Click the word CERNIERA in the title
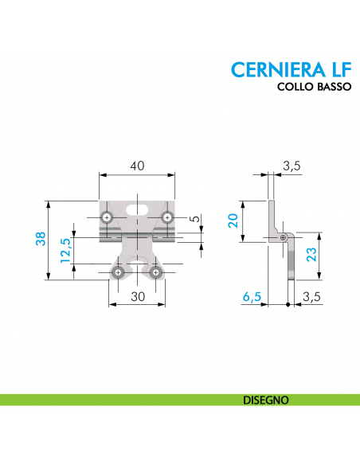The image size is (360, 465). pyautogui.click(x=272, y=69)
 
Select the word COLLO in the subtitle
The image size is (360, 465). pyautogui.click(x=295, y=88)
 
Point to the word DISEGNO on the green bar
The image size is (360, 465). pyautogui.click(x=265, y=400)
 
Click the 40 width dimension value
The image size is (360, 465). pyautogui.click(x=137, y=166)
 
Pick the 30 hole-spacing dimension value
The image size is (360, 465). pyautogui.click(x=138, y=296)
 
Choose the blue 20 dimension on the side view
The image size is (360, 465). pyautogui.click(x=233, y=220)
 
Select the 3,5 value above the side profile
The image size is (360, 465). pyautogui.click(x=292, y=166)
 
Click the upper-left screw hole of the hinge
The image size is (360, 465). pyautogui.click(x=107, y=217)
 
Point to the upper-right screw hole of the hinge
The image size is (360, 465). pyautogui.click(x=166, y=217)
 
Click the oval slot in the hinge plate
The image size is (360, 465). pyautogui.click(x=137, y=209)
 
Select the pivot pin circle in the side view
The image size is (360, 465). pyautogui.click(x=284, y=236)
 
